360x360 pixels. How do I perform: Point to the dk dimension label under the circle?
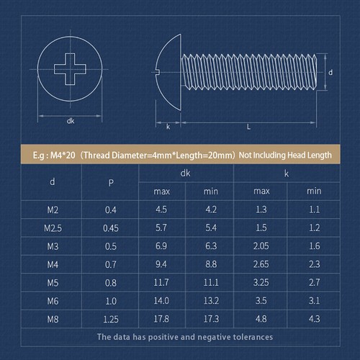coord(71,121)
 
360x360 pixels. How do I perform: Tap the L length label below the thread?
coord(248,127)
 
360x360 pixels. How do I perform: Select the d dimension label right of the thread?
coord(330,73)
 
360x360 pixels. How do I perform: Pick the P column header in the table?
coord(110,182)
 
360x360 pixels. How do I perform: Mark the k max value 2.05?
coord(262,246)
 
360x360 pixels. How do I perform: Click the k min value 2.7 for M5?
coord(314,282)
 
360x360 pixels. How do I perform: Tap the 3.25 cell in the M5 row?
coord(262,282)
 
